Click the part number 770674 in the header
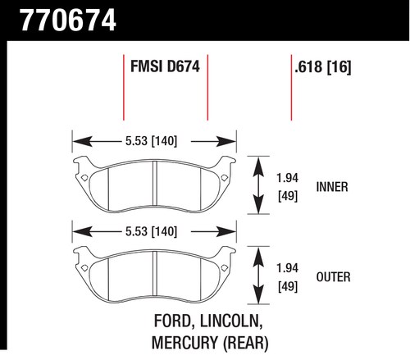click(x=68, y=21)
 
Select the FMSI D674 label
click(x=165, y=66)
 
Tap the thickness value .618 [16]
click(x=323, y=67)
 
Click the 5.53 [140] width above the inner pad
click(x=151, y=141)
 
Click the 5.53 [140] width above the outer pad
click(x=151, y=231)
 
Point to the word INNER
click(x=332, y=187)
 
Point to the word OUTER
click(x=333, y=277)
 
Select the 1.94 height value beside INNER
click(x=287, y=178)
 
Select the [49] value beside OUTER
click(x=288, y=286)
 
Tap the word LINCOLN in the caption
click(x=231, y=321)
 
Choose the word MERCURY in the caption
click(x=185, y=343)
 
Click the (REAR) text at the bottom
click(x=246, y=343)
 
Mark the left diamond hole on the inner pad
click(x=84, y=178)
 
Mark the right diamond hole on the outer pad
click(x=225, y=268)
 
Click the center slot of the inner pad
click(x=155, y=183)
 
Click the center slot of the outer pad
click(x=155, y=273)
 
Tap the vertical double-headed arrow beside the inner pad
click(x=258, y=185)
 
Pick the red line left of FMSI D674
click(x=124, y=88)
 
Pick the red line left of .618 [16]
click(x=291, y=88)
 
